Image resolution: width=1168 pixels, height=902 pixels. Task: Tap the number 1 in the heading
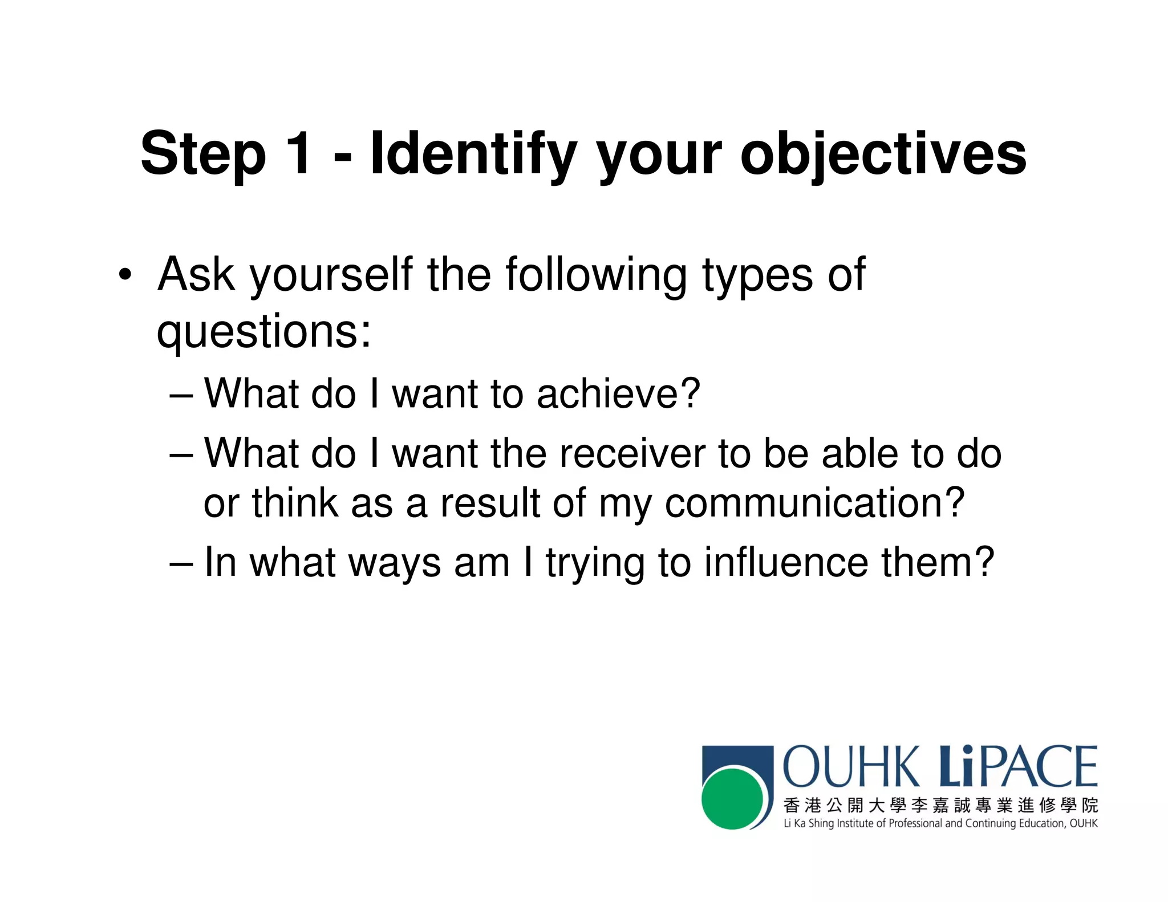[298, 153]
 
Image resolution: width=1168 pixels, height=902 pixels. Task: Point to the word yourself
[331, 275]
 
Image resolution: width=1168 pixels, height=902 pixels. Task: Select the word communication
[814, 503]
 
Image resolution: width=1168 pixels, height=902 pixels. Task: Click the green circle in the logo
[732, 798]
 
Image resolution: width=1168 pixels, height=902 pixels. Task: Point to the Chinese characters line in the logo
[940, 805]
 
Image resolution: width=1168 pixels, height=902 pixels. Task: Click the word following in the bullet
[596, 275]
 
